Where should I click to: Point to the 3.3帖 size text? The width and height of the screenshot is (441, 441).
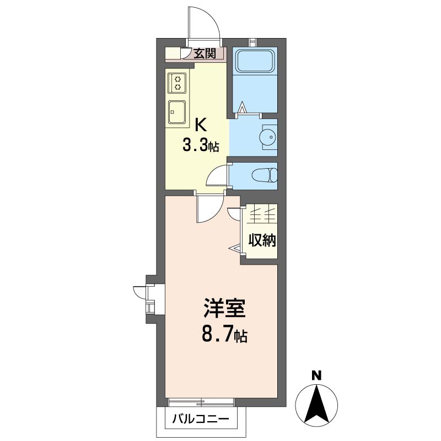tap(201, 146)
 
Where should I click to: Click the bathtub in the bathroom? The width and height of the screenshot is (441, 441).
tap(254, 62)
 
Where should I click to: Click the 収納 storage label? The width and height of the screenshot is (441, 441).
tap(262, 240)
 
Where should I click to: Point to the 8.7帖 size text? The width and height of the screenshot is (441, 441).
tap(223, 334)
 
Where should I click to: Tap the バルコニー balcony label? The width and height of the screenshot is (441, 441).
tap(200, 418)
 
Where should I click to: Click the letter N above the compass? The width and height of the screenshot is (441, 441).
tap(316, 376)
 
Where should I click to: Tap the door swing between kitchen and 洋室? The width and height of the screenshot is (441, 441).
tap(208, 209)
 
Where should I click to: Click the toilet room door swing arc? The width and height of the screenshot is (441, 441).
tap(217, 176)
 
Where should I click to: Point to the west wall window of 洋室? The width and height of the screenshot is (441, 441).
tap(149, 298)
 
